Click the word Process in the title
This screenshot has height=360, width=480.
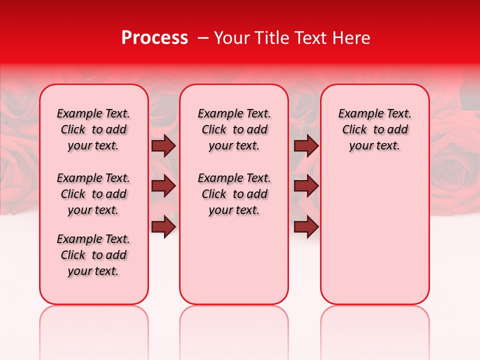[x=154, y=38]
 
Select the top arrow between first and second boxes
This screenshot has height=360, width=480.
[x=163, y=145]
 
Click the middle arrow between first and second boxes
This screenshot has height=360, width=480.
[x=163, y=186]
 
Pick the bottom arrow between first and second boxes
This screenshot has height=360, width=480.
[x=163, y=226]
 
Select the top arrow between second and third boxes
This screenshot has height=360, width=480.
[x=306, y=145]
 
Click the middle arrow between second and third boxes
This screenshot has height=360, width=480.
[x=306, y=186]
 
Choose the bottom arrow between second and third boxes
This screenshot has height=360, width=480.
[x=306, y=226]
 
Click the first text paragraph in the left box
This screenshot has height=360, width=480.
[x=93, y=129]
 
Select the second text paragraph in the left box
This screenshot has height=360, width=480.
[x=93, y=194]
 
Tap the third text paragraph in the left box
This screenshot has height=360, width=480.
[x=93, y=255]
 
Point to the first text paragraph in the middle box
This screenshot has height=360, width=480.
[x=234, y=129]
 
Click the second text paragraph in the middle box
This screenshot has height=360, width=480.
[x=234, y=194]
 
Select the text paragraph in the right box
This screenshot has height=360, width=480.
[x=374, y=129]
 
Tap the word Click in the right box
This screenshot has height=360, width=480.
[x=354, y=129]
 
